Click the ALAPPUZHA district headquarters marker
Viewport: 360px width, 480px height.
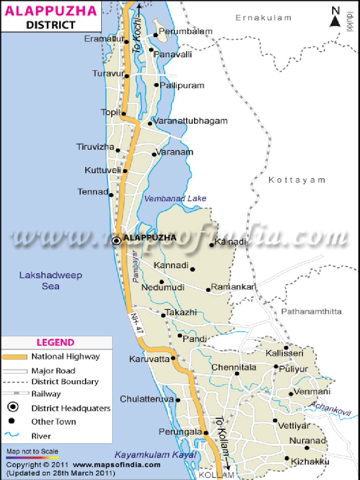[116, 240]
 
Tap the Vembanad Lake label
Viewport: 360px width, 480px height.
[175, 198]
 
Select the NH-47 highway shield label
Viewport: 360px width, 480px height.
[136, 323]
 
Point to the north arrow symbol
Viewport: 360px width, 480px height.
[336, 18]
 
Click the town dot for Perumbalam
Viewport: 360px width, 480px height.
[156, 35]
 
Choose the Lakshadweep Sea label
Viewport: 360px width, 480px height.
[51, 280]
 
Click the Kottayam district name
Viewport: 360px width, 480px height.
[297, 180]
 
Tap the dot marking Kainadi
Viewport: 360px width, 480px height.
[211, 245]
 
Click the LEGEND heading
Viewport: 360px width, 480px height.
[56, 343]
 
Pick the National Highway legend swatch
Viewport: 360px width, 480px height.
[15, 357]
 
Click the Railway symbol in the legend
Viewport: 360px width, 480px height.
[15, 394]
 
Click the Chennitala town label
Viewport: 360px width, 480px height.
[234, 367]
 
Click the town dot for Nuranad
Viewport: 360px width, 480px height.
[326, 447]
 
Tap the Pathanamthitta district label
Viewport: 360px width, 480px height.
[311, 311]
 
